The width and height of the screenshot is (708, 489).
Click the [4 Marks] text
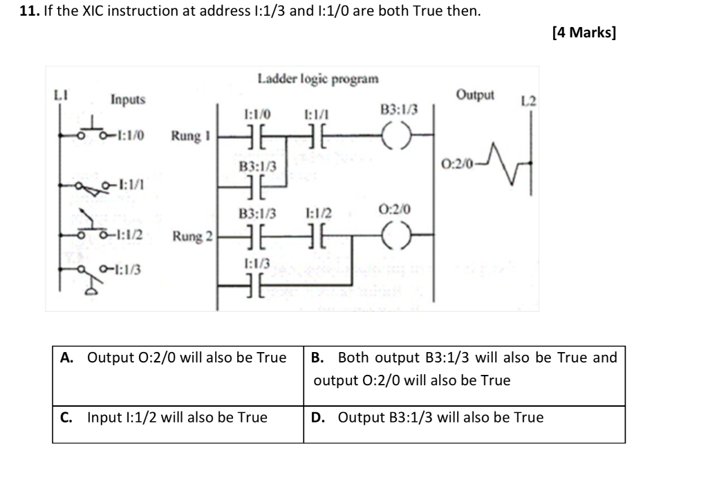[x=584, y=33]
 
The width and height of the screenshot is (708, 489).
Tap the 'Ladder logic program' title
[x=318, y=78]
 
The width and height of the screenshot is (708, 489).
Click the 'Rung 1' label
[x=190, y=136]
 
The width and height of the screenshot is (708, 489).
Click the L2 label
[x=528, y=102]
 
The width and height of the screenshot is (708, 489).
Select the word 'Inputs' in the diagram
[x=128, y=100]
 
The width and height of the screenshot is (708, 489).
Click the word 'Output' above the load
[x=475, y=95]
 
